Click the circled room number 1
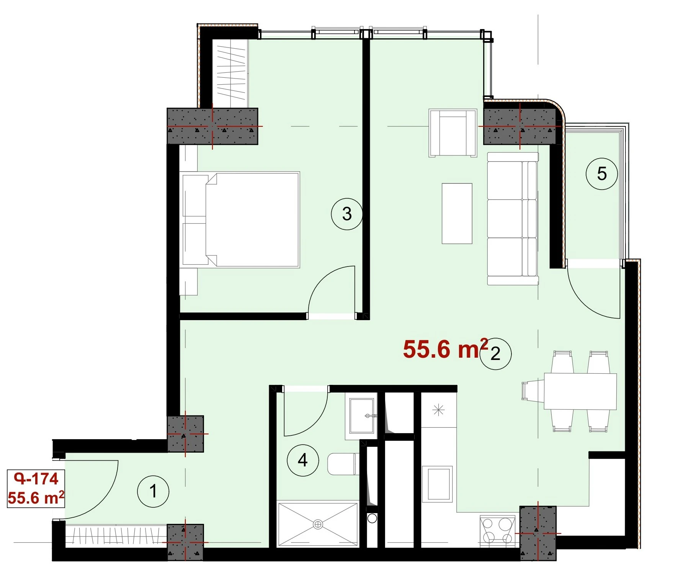153,491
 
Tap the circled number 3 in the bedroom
347,214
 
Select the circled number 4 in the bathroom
303,460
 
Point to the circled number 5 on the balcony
602,174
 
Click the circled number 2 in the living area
495,353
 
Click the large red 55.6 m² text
446,348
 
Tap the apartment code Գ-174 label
36,479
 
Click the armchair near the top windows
453,133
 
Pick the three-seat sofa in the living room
513,219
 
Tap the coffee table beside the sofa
457,213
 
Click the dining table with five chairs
580,391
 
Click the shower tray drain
318,524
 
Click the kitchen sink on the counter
438,483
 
